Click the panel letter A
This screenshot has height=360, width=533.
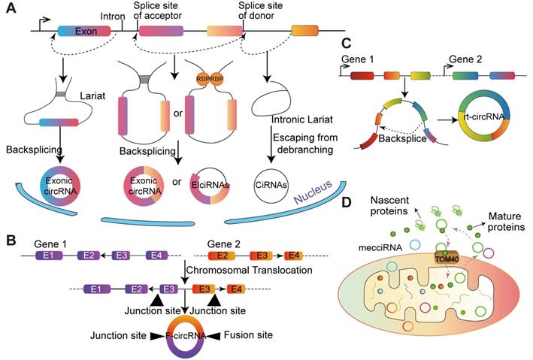(11, 12)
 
